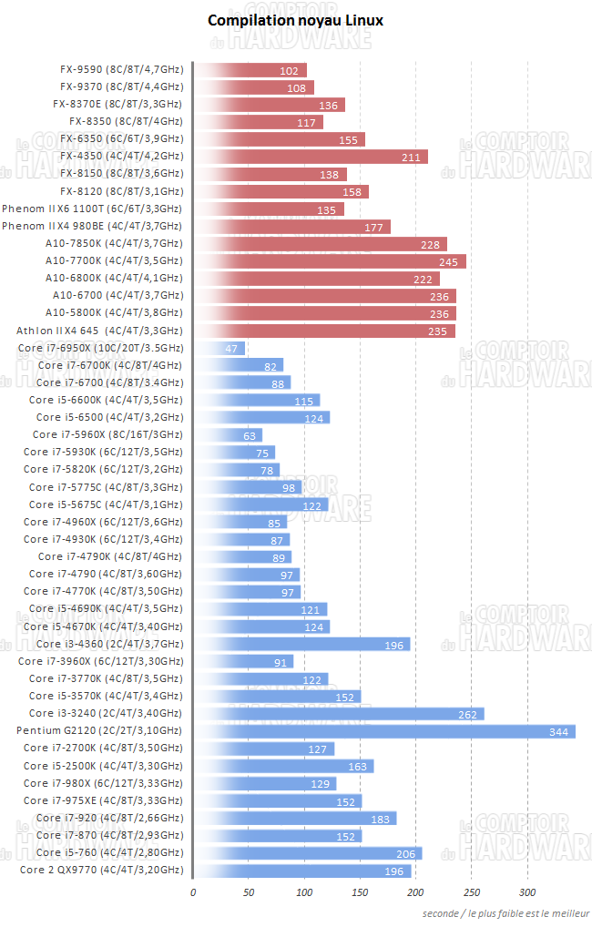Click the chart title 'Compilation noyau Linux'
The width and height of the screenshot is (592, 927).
pyautogui.click(x=296, y=19)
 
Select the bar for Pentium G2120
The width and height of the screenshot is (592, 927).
pyautogui.click(x=385, y=731)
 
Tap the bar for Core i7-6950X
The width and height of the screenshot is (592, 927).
pyautogui.click(x=219, y=348)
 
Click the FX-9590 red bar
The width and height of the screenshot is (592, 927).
pyautogui.click(x=250, y=70)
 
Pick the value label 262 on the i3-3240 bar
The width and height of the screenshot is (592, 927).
pyautogui.click(x=468, y=714)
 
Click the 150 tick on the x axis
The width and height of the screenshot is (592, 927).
pyautogui.click(x=361, y=892)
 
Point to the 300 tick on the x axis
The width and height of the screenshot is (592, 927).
pyautogui.click(x=527, y=892)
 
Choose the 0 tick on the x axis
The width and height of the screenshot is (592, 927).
pyautogui.click(x=193, y=892)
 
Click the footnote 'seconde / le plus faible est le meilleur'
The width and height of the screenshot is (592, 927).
pyautogui.click(x=505, y=913)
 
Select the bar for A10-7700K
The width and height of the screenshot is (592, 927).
pyautogui.click(x=330, y=261)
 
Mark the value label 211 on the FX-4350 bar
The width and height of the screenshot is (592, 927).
pyautogui.click(x=412, y=158)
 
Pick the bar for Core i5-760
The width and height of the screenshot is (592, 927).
pyautogui.click(x=308, y=853)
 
